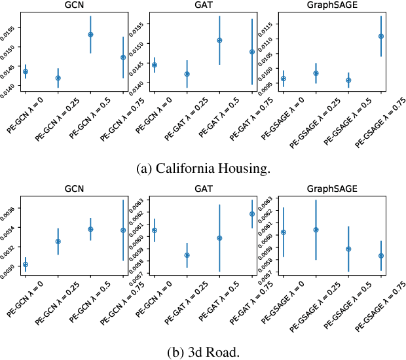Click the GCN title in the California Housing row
pyautogui.click(x=73, y=6)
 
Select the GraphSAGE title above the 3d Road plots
pyautogui.click(x=332, y=188)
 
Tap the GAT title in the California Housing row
pyautogui.click(x=203, y=6)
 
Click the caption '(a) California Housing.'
pyautogui.click(x=202, y=168)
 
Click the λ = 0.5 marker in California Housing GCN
pyautogui.click(x=90, y=34)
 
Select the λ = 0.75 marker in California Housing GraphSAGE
pyautogui.click(x=380, y=36)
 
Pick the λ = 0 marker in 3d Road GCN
pyautogui.click(x=26, y=264)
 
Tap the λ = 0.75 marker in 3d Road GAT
pyautogui.click(x=252, y=214)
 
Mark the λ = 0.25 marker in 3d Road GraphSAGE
pyautogui.click(x=316, y=230)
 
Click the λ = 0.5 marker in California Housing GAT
pyautogui.click(x=219, y=41)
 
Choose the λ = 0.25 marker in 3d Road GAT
pyautogui.click(x=187, y=255)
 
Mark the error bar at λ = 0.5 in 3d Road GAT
pyautogui.click(x=219, y=238)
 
